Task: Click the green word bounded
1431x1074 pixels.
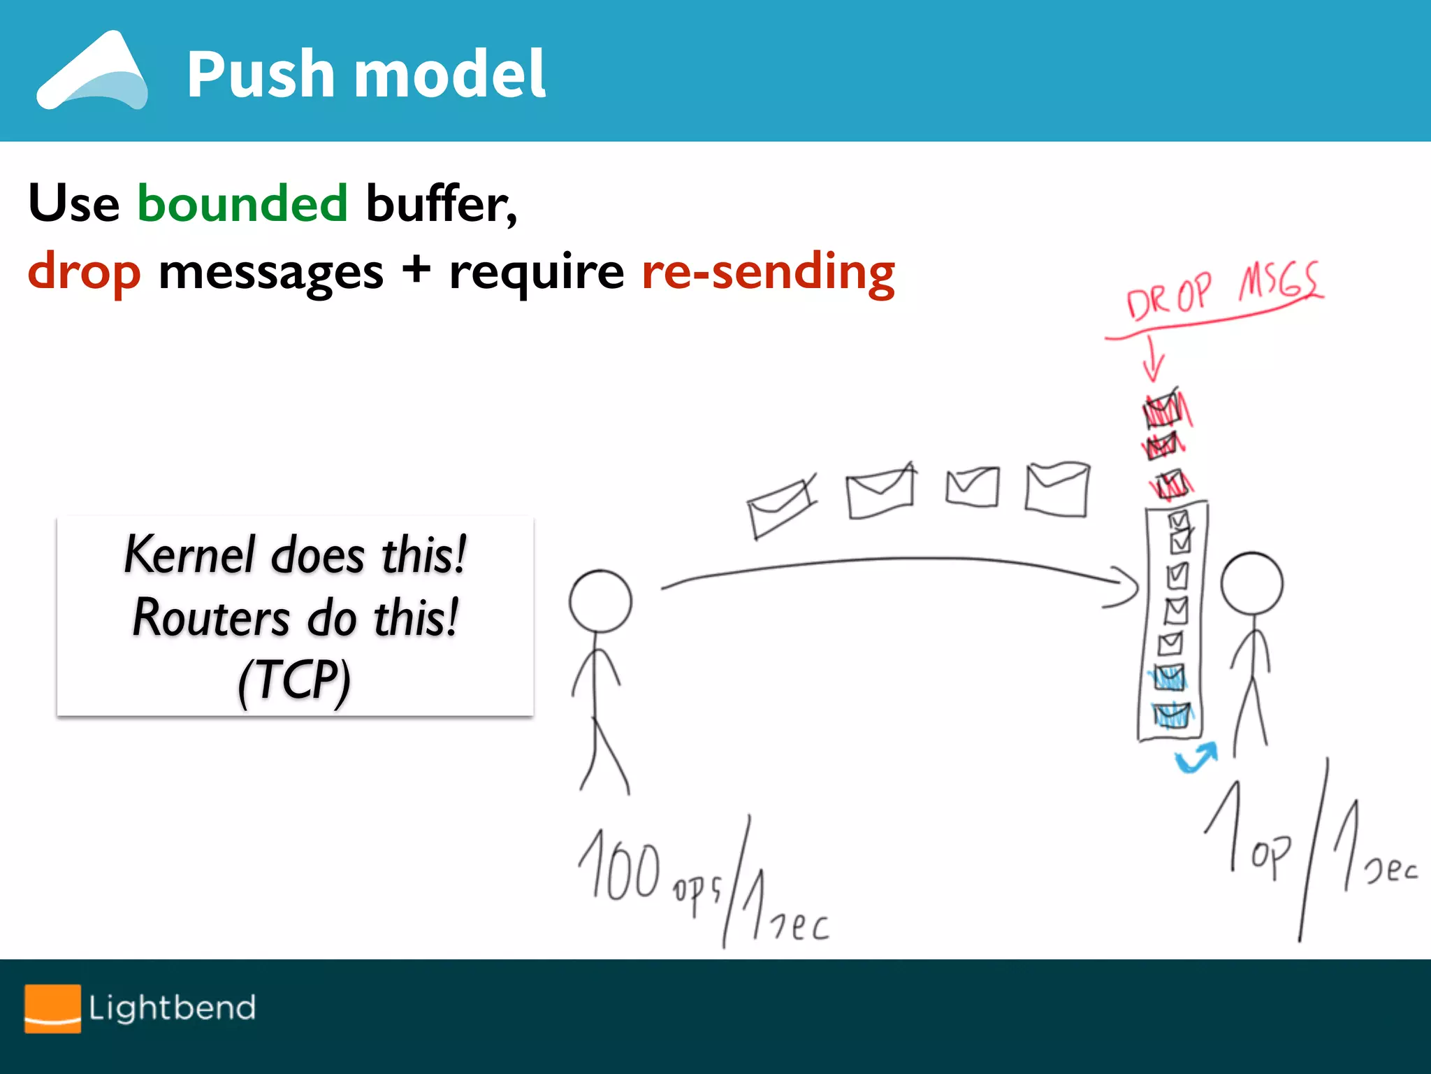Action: pos(242,203)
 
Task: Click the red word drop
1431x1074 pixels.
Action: pos(84,272)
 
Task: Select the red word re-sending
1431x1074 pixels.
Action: pos(768,272)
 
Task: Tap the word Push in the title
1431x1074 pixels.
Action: pos(261,74)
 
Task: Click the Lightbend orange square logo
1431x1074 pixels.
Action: pos(52,1008)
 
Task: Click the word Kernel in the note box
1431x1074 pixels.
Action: pos(189,554)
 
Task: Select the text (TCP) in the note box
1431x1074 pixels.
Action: pos(294,680)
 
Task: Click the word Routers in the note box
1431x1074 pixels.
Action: pos(210,618)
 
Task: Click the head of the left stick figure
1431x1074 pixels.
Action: pos(600,601)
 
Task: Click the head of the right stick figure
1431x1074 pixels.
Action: pos(1251,584)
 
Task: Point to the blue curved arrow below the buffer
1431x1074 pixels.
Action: pos(1196,758)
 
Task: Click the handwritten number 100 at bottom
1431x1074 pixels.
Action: pos(619,867)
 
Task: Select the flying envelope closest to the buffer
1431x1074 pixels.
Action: pos(1057,489)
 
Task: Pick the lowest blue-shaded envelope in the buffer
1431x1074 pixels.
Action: pos(1172,715)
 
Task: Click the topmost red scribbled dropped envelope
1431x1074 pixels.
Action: pos(1165,410)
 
